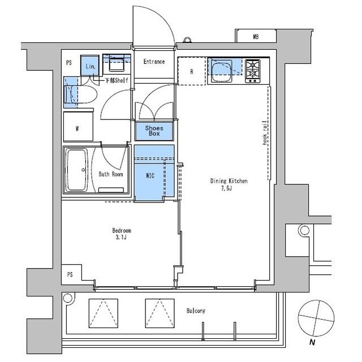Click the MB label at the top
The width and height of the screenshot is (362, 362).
(255, 38)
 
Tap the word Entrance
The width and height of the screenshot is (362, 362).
(153, 62)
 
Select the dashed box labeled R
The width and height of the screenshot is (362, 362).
(192, 71)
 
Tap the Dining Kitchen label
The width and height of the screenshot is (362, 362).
(229, 181)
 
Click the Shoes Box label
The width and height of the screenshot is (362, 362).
(154, 131)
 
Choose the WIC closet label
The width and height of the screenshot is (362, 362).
(150, 176)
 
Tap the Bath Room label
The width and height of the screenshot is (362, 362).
(111, 174)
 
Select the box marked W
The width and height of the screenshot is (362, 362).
(77, 128)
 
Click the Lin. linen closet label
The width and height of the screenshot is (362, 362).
(90, 67)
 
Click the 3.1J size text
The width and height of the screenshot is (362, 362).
(122, 238)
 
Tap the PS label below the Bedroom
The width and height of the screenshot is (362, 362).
(70, 274)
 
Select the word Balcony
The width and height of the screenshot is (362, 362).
(196, 311)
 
